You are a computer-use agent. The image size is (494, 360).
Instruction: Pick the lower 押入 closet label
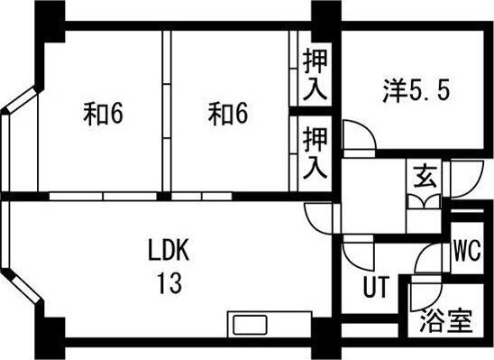click(x=315, y=152)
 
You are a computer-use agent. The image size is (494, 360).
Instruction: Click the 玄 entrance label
click(x=422, y=175)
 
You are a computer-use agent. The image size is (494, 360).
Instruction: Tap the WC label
click(x=466, y=250)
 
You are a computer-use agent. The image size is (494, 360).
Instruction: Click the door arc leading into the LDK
click(x=319, y=216)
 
